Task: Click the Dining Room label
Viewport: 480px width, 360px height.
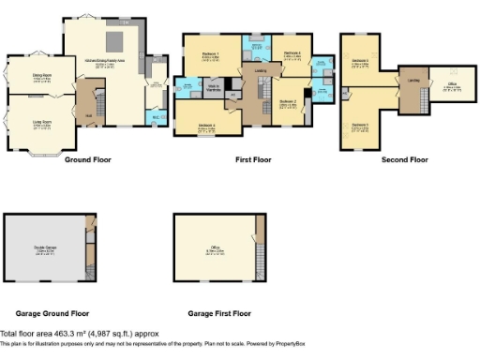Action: point(40,78)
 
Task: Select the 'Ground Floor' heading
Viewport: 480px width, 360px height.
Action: point(88,160)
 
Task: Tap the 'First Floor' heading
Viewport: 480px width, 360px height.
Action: point(253,160)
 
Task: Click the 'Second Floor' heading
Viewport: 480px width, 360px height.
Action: point(404,160)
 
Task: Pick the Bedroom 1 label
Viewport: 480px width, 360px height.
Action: point(211,54)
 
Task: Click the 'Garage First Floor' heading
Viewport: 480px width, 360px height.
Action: point(218,313)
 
